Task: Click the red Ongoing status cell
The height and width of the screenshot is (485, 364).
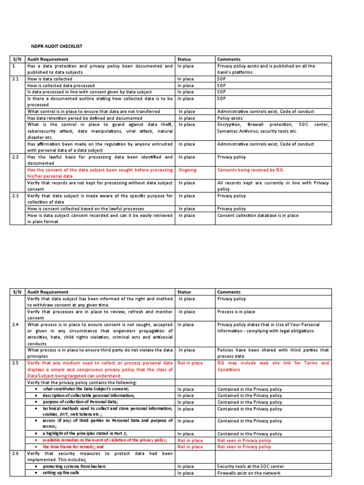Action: [x=187, y=170]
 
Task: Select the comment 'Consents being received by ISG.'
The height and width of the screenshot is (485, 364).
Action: [x=250, y=170]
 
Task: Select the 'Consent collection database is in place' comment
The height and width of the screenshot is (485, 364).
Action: [x=258, y=215]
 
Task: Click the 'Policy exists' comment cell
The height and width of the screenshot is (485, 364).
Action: [x=230, y=118]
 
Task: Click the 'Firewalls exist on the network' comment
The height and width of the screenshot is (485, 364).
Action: [x=249, y=473]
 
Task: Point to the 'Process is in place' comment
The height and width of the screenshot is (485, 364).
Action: [x=236, y=312]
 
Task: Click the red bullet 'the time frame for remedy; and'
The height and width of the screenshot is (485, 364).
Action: [x=73, y=447]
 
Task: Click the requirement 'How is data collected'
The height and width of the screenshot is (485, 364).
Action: [x=50, y=79]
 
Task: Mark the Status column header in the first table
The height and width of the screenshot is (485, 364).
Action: [x=184, y=59]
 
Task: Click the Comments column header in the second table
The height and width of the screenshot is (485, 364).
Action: [x=229, y=292]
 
